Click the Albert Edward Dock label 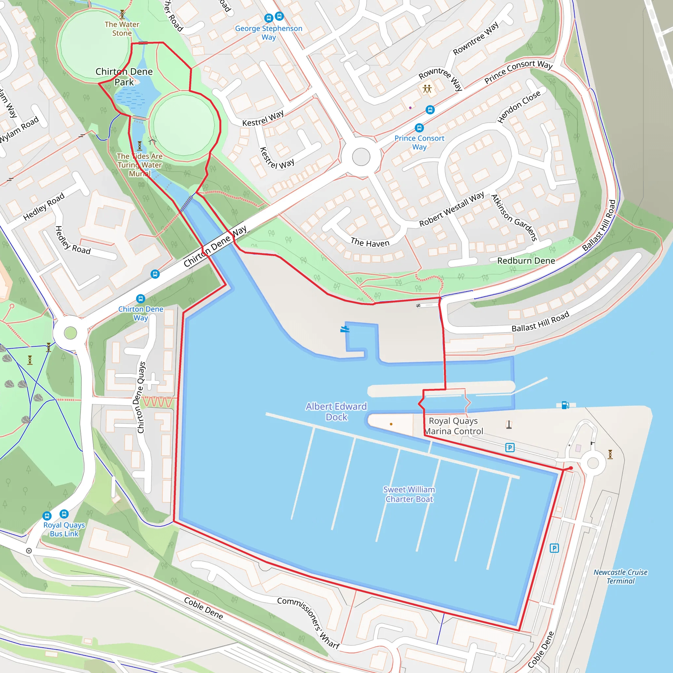pyautogui.click(x=336, y=411)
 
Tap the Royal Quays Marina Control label pyautogui.click(x=453, y=426)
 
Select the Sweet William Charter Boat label pyautogui.click(x=409, y=494)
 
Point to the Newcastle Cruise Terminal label pyautogui.click(x=620, y=576)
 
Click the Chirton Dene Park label pyautogui.click(x=124, y=77)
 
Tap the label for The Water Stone pyautogui.click(x=122, y=29)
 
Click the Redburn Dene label pyautogui.click(x=526, y=261)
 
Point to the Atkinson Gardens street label pyautogui.click(x=514, y=218)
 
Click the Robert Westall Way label pyautogui.click(x=451, y=209)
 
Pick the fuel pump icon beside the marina pyautogui.click(x=565, y=405)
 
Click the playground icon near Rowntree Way pyautogui.click(x=427, y=88)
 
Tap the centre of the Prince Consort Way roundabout pyautogui.click(x=361, y=157)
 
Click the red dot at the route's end pyautogui.click(x=570, y=468)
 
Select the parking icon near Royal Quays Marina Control pyautogui.click(x=510, y=447)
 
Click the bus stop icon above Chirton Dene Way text pyautogui.click(x=140, y=298)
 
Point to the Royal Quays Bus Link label pyautogui.click(x=64, y=529)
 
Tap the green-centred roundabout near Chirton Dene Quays pyautogui.click(x=70, y=333)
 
